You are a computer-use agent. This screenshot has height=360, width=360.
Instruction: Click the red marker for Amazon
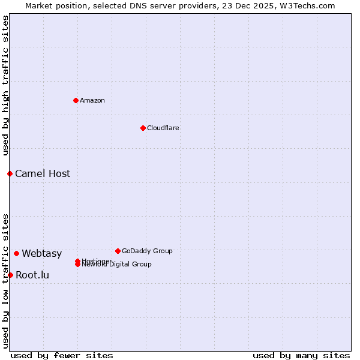point(76,100)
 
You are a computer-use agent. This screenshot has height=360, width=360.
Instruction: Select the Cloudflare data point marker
point(143,128)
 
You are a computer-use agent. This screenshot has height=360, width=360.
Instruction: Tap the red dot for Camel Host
point(10,173)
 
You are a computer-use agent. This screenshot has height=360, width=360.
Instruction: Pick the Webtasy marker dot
point(16,253)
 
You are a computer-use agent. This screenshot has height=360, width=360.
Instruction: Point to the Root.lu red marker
point(10,275)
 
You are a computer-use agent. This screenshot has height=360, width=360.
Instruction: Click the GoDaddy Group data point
point(118,251)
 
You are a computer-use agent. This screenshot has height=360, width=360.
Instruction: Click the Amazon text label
point(92,100)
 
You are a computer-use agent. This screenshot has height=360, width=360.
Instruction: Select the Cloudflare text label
point(163,128)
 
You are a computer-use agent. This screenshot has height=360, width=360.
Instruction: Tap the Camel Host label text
point(43,174)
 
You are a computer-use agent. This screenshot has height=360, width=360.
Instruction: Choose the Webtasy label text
point(42,254)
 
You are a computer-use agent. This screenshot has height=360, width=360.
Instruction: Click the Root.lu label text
point(32,275)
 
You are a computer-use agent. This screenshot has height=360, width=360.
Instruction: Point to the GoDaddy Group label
point(147,251)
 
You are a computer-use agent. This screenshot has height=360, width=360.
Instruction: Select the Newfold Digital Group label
point(117,265)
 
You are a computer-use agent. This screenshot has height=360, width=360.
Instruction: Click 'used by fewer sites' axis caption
point(62,355)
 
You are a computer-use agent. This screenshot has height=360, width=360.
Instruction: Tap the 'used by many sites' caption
point(301,355)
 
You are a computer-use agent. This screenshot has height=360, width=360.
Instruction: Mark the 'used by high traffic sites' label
point(6,86)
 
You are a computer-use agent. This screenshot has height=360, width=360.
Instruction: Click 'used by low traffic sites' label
point(6,280)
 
